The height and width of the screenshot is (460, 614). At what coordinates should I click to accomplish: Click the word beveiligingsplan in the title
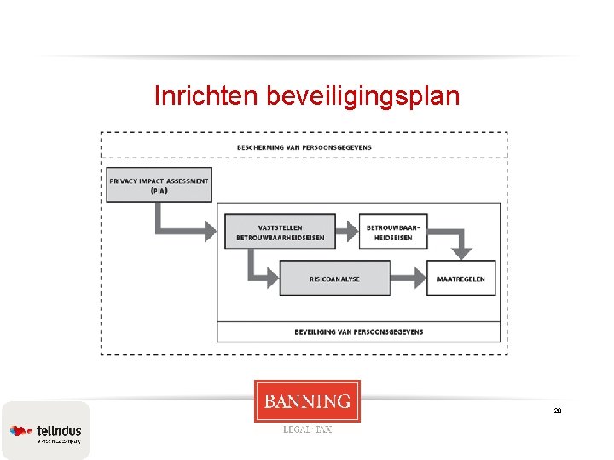click(362, 97)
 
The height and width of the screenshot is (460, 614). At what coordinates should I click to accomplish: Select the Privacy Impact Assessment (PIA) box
click(159, 185)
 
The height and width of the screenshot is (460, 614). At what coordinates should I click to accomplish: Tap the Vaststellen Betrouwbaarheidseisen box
click(280, 231)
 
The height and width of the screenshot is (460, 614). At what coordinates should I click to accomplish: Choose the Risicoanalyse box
click(334, 278)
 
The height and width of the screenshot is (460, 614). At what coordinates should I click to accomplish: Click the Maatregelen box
click(460, 278)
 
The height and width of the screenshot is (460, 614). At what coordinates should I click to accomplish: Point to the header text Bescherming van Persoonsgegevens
click(304, 147)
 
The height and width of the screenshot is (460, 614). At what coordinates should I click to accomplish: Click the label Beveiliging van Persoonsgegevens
click(358, 332)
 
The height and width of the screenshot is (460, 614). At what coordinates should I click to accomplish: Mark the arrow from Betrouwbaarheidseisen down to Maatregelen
click(461, 243)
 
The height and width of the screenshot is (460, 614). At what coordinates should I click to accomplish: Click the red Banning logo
click(307, 401)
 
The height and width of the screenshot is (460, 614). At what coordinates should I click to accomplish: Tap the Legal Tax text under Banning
click(307, 429)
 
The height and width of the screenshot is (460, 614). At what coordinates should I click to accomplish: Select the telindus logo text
click(59, 431)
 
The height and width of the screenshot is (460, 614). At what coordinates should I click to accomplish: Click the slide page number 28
click(558, 411)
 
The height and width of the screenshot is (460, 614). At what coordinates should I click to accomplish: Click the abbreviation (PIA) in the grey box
click(159, 191)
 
